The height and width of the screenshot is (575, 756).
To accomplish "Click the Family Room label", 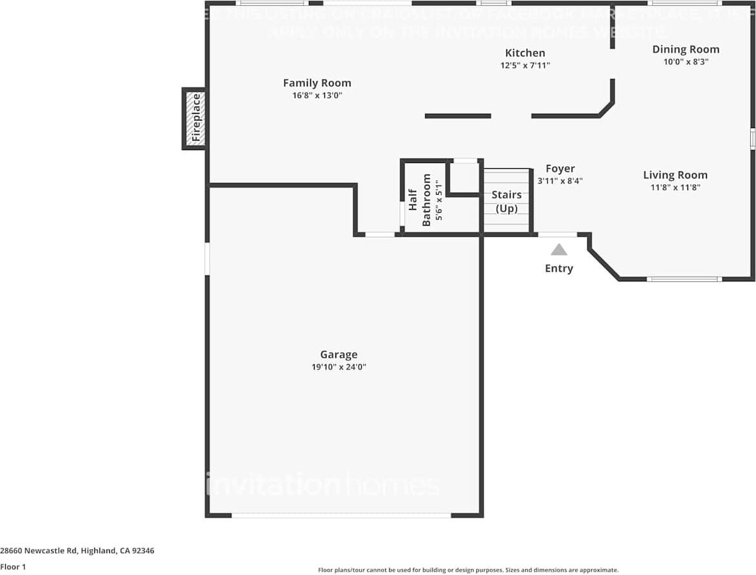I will [x=317, y=83].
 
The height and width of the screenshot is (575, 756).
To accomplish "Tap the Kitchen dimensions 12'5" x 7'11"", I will [x=525, y=65].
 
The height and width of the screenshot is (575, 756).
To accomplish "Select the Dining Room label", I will [x=685, y=49].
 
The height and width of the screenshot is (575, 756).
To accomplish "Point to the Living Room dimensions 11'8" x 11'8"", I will [x=675, y=188].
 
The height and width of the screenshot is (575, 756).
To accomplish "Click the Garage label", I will [x=339, y=354].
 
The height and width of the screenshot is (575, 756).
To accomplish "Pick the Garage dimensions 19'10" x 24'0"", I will [x=339, y=367].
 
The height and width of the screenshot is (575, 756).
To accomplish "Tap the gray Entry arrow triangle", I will [x=559, y=250].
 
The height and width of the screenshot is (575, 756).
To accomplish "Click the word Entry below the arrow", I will [x=559, y=268].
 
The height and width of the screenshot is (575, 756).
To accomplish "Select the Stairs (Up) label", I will [x=507, y=201].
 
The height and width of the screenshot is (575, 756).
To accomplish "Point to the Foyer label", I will [x=560, y=169].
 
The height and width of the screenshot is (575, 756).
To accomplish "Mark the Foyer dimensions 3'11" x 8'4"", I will [x=560, y=181].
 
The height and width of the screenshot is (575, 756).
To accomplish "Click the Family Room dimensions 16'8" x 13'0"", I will [x=317, y=95].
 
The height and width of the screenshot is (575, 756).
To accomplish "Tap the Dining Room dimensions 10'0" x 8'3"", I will [x=685, y=61].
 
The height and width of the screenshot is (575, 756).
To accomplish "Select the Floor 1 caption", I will [x=14, y=567].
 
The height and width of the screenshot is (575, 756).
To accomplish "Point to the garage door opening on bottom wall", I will [x=341, y=515].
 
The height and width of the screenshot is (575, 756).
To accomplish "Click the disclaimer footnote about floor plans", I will [x=468, y=570].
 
